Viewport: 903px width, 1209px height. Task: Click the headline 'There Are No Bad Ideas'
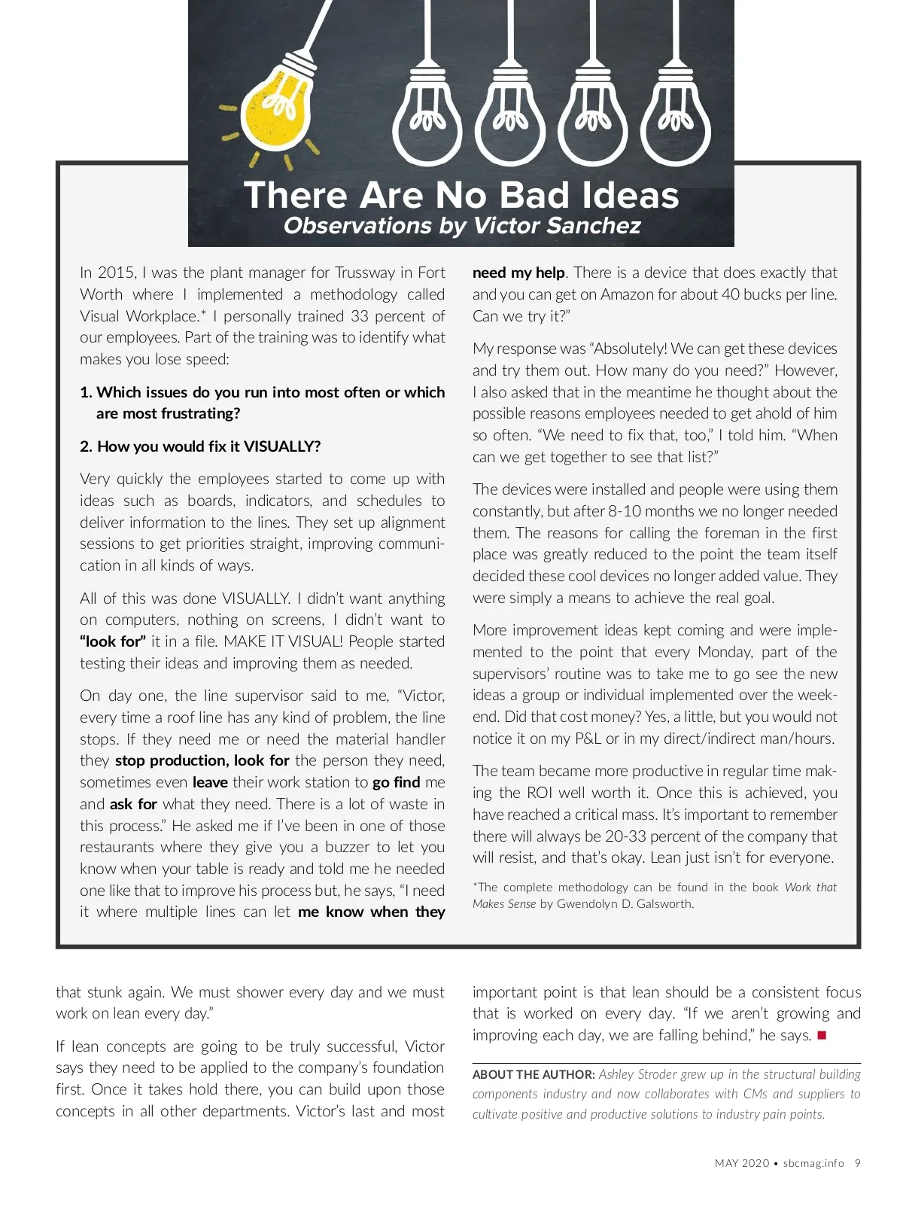(461, 195)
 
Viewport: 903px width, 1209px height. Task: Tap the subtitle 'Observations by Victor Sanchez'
(461, 226)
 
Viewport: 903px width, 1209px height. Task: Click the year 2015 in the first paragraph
(116, 273)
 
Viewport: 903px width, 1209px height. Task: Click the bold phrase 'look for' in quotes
(113, 641)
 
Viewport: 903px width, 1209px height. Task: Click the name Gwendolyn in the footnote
(592, 903)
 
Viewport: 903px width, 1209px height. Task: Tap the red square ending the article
(822, 1035)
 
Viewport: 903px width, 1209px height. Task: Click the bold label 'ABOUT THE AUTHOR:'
(534, 1075)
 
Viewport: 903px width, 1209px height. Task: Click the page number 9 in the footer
(858, 1163)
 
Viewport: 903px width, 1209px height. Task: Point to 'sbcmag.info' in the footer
(813, 1163)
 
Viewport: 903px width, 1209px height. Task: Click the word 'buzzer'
(348, 847)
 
